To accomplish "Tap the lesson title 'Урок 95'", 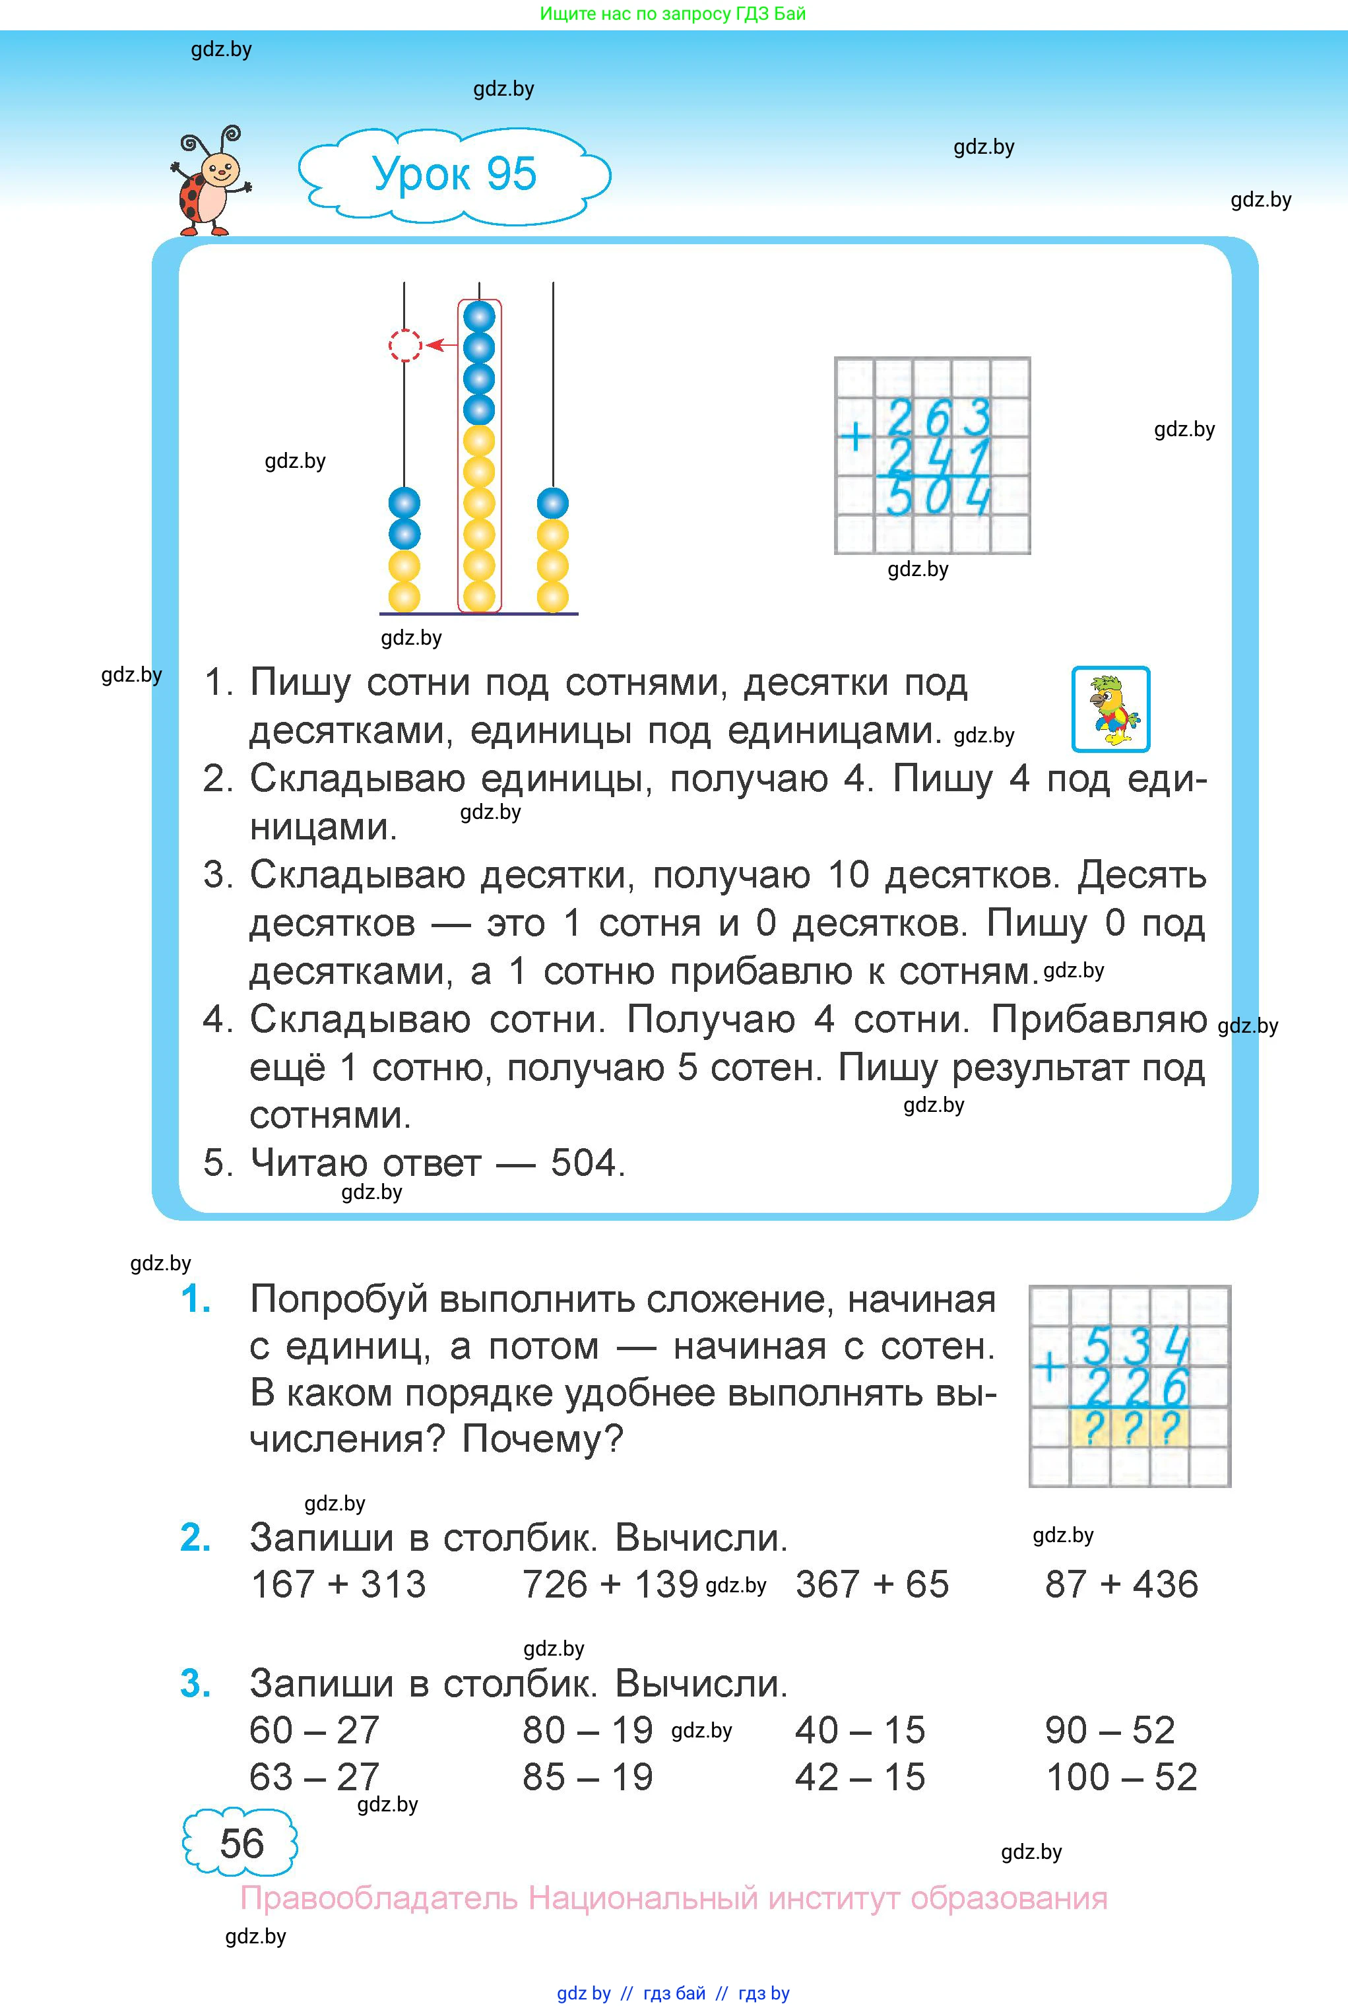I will click(454, 174).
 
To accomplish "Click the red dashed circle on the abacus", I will click(405, 346).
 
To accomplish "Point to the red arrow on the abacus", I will click(442, 346).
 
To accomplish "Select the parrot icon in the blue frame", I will click(1110, 709).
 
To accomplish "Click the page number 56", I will click(241, 1843).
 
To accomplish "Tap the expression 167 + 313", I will click(338, 1584).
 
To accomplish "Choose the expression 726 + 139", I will click(610, 1584).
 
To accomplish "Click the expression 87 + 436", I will click(1121, 1584).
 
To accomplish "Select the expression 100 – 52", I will click(1121, 1777).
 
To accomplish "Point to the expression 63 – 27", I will click(314, 1777).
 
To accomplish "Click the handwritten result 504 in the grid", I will click(938, 498).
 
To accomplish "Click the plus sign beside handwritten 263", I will click(854, 438).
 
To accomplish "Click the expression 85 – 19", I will click(587, 1777).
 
